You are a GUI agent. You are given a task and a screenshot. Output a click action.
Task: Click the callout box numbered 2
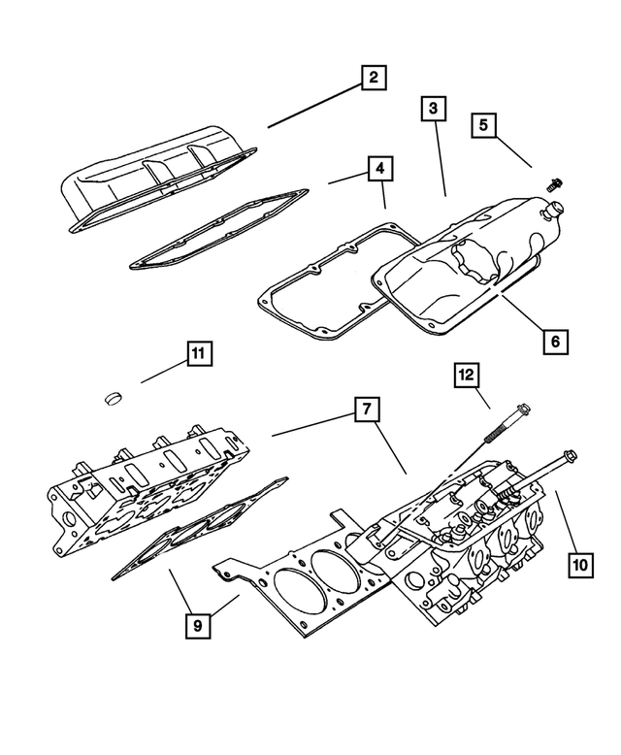coord(372,79)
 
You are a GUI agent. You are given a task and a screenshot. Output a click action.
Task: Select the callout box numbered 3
coord(434,110)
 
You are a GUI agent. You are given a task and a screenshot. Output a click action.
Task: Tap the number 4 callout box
coord(380,170)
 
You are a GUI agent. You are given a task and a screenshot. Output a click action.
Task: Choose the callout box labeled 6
coord(554,342)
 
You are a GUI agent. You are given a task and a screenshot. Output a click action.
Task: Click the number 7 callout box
coord(365,410)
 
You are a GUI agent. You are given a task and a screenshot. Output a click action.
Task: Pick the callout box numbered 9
coord(197,626)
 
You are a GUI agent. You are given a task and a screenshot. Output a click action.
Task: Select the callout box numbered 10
coord(579,562)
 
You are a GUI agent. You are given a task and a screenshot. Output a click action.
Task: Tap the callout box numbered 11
coord(197,355)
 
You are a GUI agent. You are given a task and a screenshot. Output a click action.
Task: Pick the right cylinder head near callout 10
coord(466,543)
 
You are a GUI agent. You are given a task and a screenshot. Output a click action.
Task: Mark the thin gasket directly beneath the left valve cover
coord(218,228)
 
